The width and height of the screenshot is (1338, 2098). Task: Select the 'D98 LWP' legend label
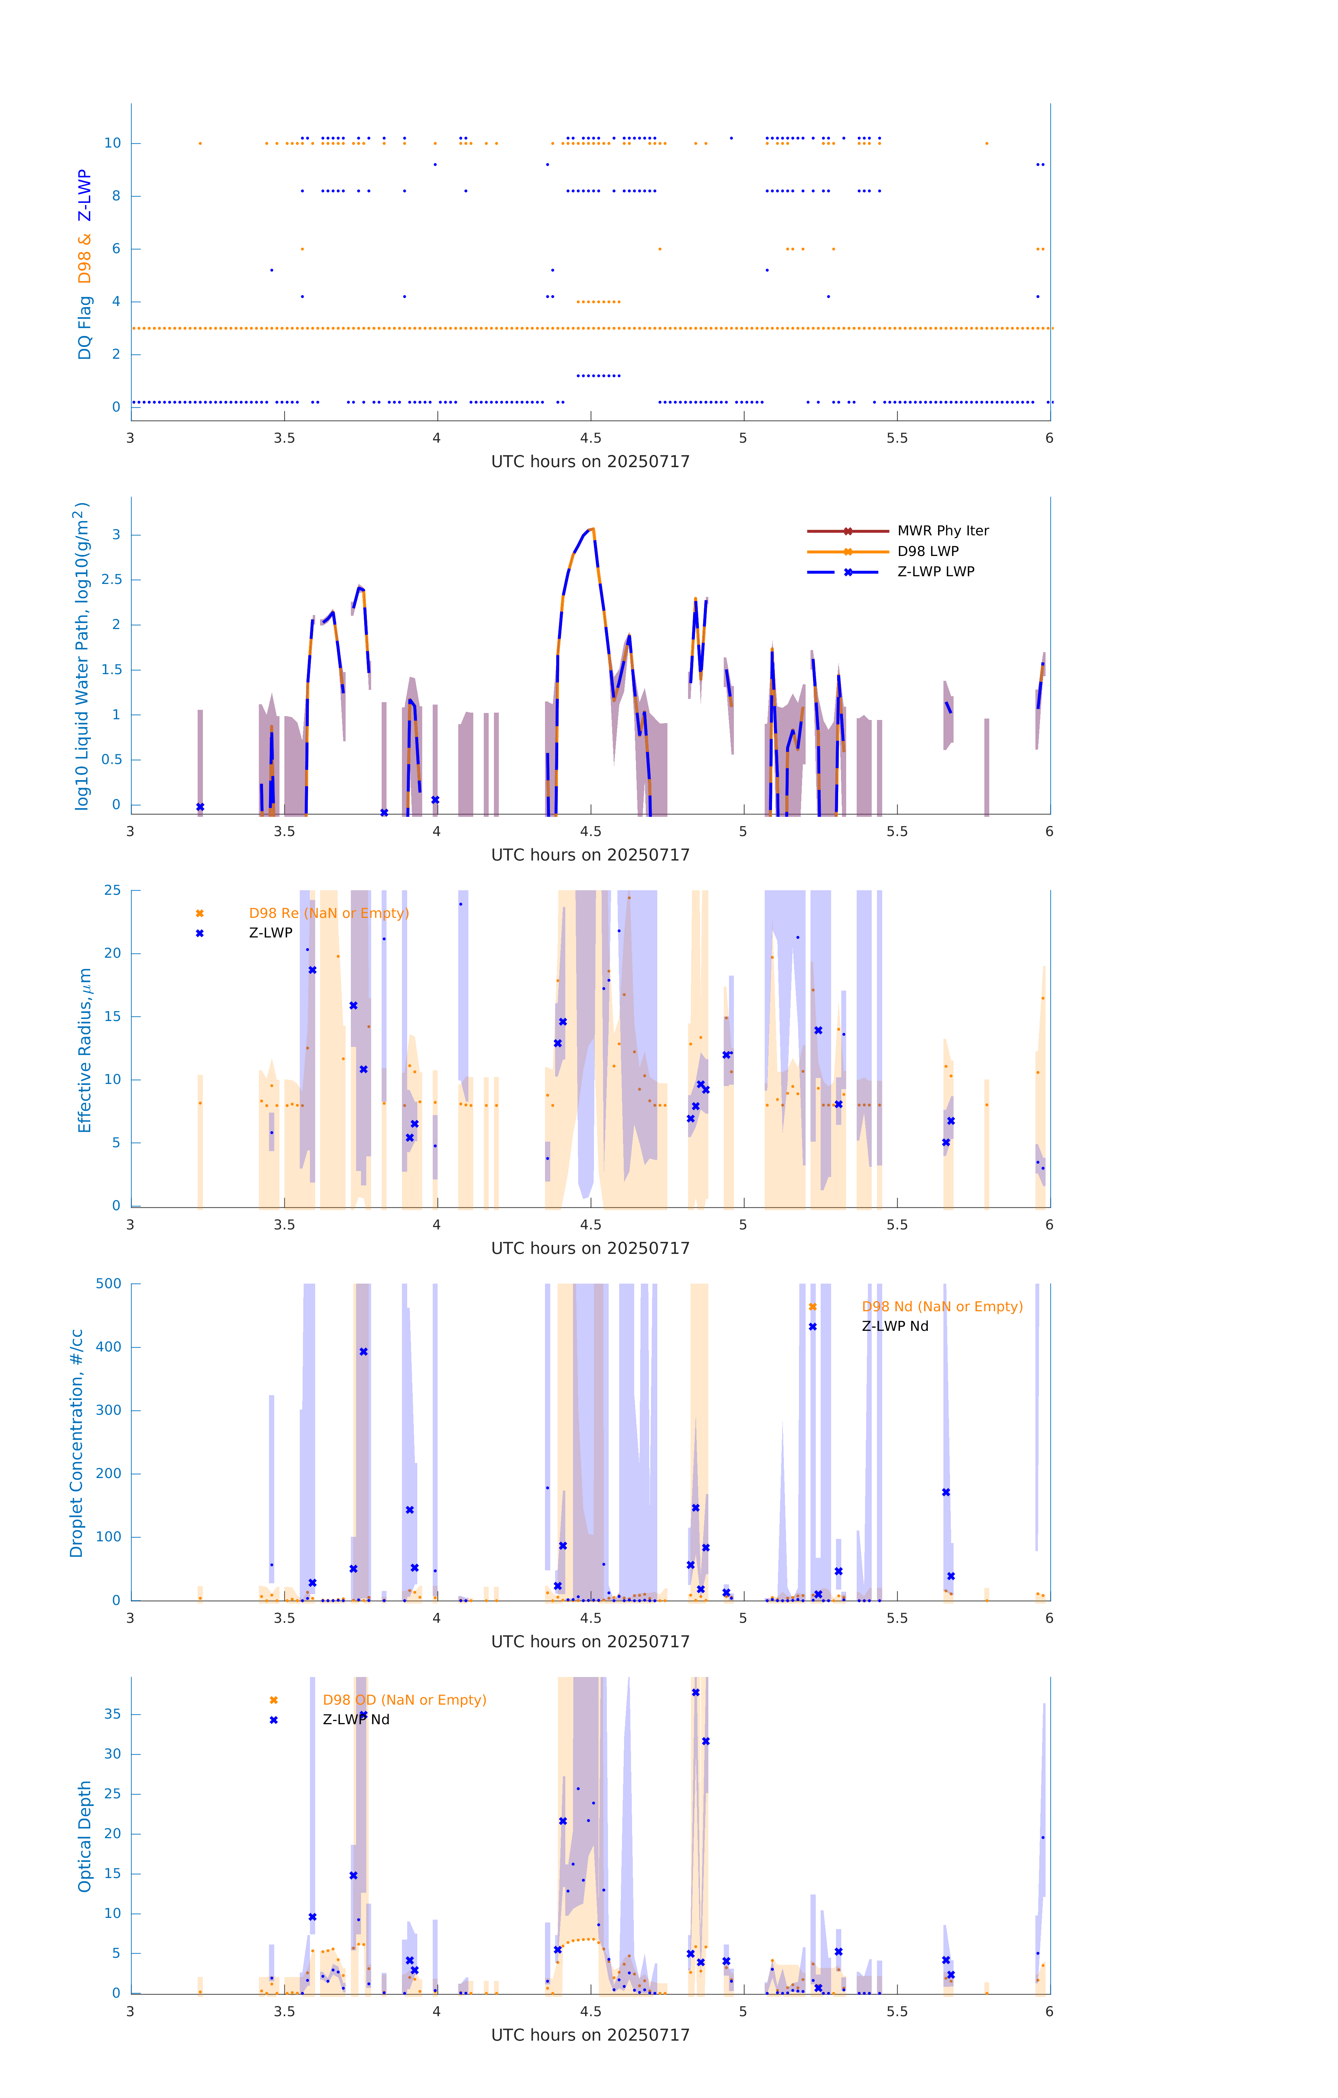pyautogui.click(x=927, y=551)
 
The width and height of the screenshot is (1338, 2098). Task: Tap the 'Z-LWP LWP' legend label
pyautogui.click(x=935, y=572)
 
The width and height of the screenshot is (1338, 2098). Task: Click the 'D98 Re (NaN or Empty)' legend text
pyautogui.click(x=328, y=913)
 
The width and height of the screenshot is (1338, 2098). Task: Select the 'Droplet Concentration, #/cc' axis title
pyautogui.click(x=77, y=1443)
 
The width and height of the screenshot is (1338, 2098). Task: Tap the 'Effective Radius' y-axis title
pyautogui.click(x=85, y=1050)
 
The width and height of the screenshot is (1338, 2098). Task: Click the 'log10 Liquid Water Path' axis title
pyautogui.click(x=81, y=656)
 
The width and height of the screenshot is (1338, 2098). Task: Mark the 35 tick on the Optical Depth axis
pyautogui.click(x=112, y=1714)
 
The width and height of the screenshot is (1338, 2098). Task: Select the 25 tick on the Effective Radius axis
pyautogui.click(x=112, y=891)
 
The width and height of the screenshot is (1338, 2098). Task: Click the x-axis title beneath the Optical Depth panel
pyautogui.click(x=590, y=2035)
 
